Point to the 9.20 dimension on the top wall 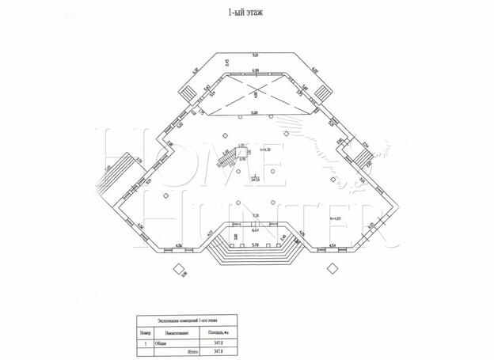(x=255, y=55)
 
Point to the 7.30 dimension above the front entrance (x=255, y=217)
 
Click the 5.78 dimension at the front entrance (x=255, y=245)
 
